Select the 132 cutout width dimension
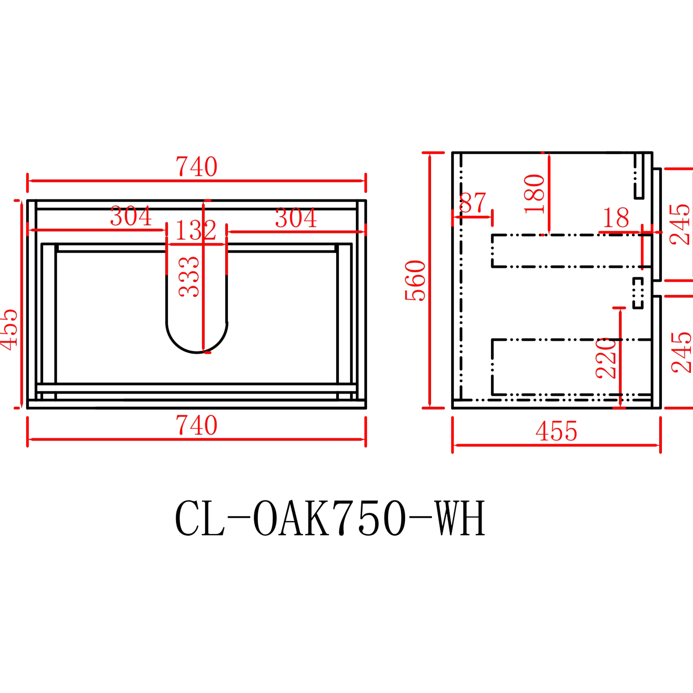coord(196,231)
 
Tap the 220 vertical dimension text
coord(606,358)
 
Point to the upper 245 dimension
coord(680,224)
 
